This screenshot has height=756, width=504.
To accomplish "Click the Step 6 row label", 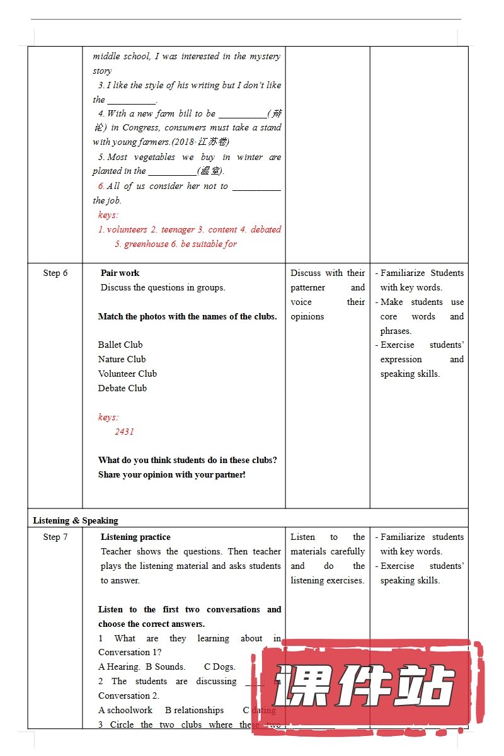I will (x=55, y=273).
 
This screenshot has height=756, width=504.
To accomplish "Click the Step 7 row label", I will (x=55, y=537).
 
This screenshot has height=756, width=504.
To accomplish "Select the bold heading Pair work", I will (x=120, y=273).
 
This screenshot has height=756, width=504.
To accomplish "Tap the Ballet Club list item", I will (x=120, y=345).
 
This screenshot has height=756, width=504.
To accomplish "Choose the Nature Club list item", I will (x=122, y=359).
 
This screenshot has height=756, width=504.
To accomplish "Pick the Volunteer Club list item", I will (x=127, y=374).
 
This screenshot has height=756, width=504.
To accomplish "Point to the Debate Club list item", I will (x=122, y=388).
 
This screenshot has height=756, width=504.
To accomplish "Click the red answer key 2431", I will (x=124, y=432).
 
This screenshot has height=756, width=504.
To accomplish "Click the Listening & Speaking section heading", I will (x=76, y=520).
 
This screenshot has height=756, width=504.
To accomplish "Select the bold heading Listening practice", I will (x=135, y=537).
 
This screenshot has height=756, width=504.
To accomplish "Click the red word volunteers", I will (x=127, y=229).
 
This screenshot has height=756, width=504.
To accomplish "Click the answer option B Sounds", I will (x=165, y=667).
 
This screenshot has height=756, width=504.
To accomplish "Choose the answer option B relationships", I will (x=194, y=710).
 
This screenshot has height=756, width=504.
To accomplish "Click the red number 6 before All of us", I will (x=101, y=186).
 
